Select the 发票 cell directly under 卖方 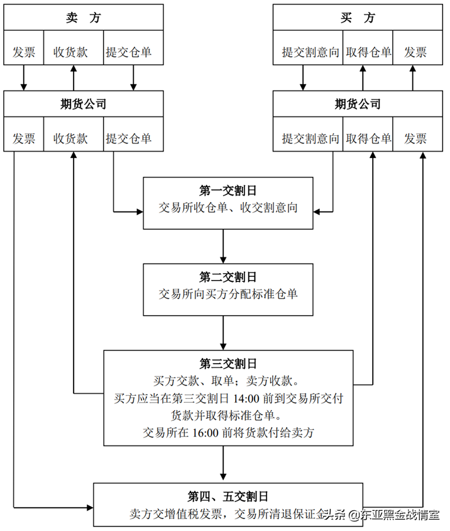[24, 52]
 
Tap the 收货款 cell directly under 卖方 [73, 52]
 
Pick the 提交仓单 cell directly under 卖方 [133, 52]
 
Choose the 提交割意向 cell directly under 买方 [308, 52]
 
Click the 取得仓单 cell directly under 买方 [368, 52]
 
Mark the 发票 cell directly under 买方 [415, 52]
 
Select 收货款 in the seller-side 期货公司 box [73, 138]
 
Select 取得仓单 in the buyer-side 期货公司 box [368, 138]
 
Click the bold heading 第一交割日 [228, 190]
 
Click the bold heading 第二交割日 [228, 277]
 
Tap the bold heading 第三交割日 [228, 364]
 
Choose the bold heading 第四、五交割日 [228, 496]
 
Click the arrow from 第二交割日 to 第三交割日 [224, 333]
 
